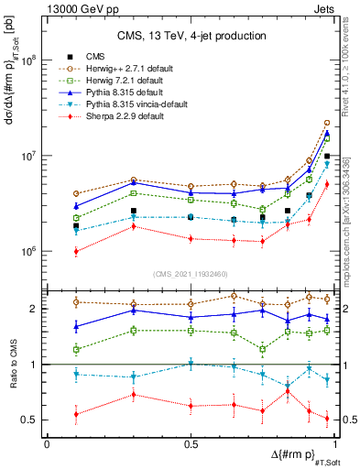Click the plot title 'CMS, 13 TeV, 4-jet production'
[x=190, y=36]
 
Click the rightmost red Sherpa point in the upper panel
[x=327, y=183]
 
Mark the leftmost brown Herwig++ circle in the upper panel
[x=76, y=194]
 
